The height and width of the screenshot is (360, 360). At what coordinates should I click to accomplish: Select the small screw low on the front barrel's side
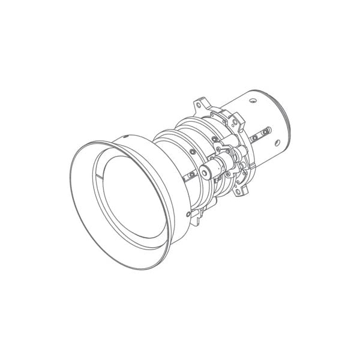(188, 214)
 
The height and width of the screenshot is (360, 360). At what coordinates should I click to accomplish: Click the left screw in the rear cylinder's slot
(254, 138)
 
